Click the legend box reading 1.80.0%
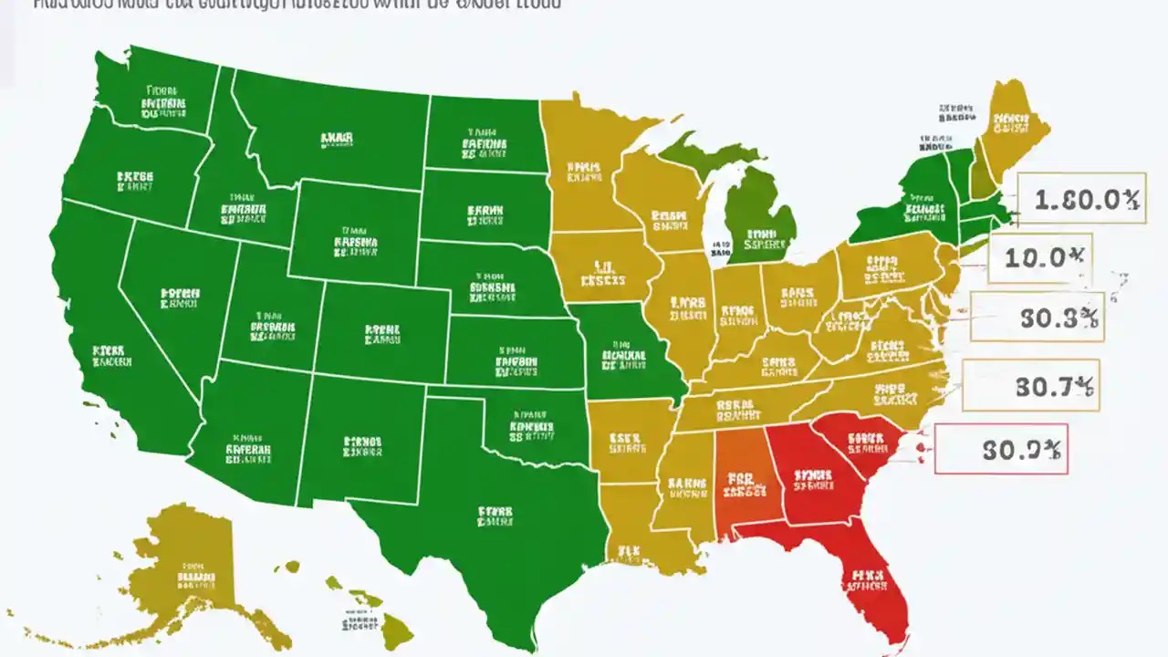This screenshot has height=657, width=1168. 1079,198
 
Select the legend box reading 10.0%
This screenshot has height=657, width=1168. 1039,257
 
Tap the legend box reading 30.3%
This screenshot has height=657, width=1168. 1037,318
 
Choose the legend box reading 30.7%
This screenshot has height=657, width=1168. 1031,385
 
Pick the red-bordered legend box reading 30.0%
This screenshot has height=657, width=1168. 1001,449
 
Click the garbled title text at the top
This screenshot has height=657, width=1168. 292,5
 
